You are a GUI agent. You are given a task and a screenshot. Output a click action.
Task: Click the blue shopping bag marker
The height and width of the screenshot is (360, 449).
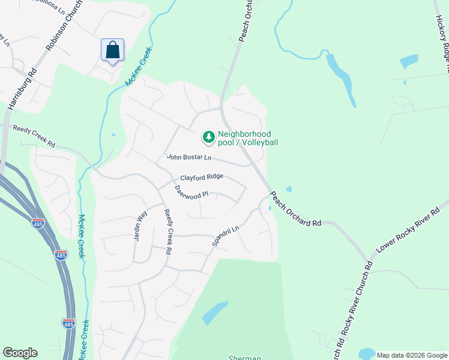[x=112, y=50]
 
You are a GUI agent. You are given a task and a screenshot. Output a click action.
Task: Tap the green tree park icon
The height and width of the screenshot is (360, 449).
[x=208, y=138]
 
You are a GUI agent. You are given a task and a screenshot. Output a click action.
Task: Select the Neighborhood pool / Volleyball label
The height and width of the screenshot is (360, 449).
[x=248, y=138]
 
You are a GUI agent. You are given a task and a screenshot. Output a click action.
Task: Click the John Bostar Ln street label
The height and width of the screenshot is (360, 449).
[x=189, y=158]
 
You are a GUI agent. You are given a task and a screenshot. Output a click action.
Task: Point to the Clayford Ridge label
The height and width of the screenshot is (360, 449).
[x=202, y=177]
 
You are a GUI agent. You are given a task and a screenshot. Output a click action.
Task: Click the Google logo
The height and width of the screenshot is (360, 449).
[x=20, y=353]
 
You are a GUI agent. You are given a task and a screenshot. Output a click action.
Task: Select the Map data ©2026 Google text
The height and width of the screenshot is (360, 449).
[x=412, y=355]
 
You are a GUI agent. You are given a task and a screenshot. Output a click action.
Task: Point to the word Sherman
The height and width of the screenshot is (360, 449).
[x=244, y=358]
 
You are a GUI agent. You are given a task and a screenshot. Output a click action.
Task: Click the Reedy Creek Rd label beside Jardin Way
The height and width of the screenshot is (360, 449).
[x=169, y=232]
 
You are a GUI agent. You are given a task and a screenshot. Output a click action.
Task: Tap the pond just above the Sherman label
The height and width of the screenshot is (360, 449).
[x=214, y=312]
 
